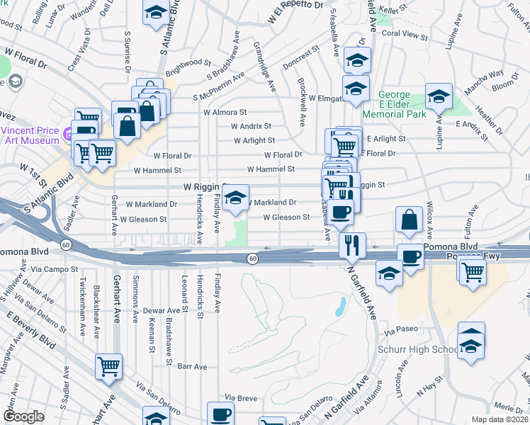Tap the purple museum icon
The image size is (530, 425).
tap(67, 133)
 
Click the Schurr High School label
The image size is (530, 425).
tap(425, 350)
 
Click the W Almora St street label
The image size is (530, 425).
tap(224, 112)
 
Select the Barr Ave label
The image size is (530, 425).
tap(192, 367)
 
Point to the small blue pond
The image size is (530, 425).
tap(341, 307)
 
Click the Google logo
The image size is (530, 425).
tap(23, 417)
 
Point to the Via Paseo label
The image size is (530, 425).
tap(397, 329)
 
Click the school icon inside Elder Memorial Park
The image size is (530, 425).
tap(439, 96)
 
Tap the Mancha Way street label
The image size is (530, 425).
tap(485, 73)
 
